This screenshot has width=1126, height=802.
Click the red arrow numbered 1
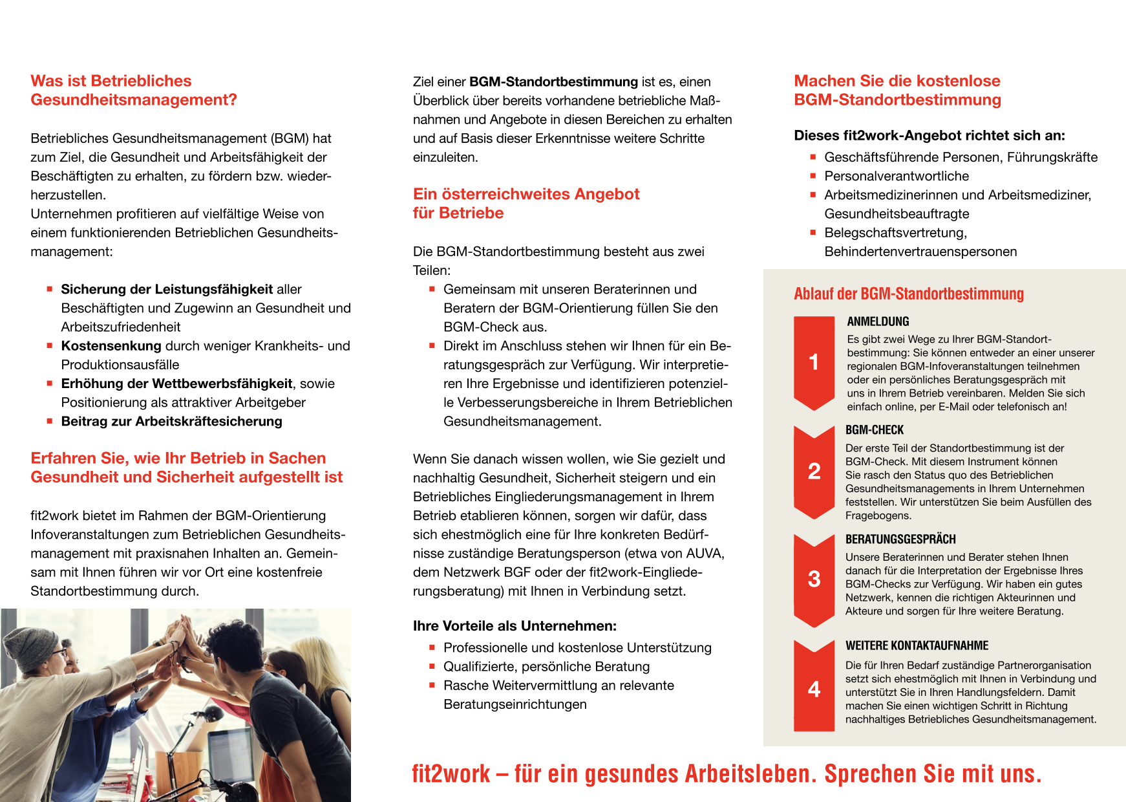pos(814,362)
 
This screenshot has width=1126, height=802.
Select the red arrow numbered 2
pos(814,471)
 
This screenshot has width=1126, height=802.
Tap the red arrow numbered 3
pos(814,579)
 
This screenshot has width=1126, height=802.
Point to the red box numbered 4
pos(814,688)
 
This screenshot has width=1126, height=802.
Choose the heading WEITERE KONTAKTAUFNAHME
pos(917,645)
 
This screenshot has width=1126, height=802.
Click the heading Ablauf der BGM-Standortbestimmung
pos(908,294)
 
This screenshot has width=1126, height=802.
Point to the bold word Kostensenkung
pos(111,346)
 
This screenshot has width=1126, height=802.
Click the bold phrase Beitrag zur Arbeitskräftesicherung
pos(171,422)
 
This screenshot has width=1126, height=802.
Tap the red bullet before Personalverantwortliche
pos(813,176)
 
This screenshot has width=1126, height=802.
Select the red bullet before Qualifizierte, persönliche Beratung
pos(432,666)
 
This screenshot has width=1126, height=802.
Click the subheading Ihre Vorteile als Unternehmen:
pos(515,626)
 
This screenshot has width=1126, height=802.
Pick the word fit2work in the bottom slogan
pos(451,774)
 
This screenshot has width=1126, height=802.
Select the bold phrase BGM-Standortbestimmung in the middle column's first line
pos(553,82)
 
